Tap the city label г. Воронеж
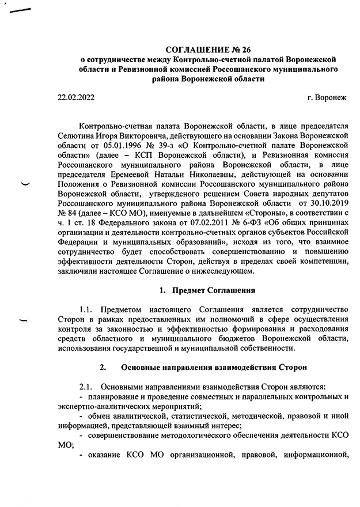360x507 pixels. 327,98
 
